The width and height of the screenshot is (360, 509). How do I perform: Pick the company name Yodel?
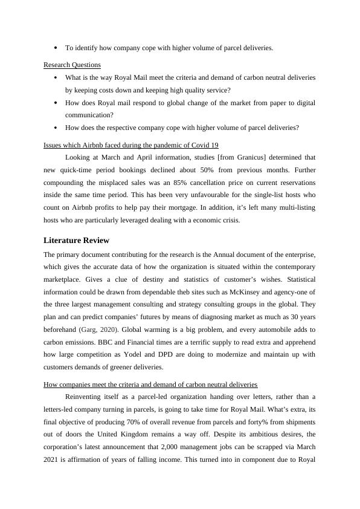133,355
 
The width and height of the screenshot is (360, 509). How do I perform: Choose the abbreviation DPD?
163,355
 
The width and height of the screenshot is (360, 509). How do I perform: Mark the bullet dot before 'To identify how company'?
55,48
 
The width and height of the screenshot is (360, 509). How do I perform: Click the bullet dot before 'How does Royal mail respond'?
55,103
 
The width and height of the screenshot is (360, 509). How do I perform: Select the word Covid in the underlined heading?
194,145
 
